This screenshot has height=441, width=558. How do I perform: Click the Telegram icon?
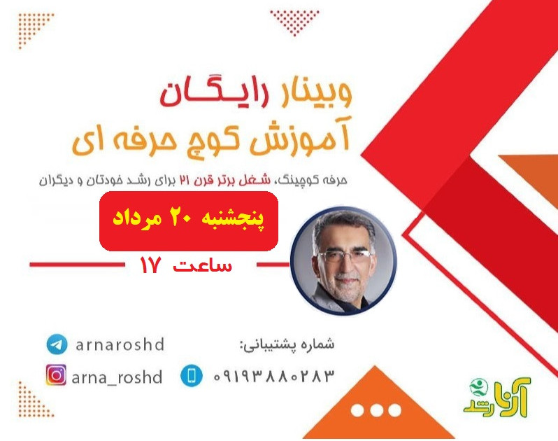pyautogui.click(x=57, y=344)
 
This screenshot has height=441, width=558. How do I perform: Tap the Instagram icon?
pyautogui.click(x=56, y=376)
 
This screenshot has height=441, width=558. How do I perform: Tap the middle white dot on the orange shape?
pyautogui.click(x=376, y=409)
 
